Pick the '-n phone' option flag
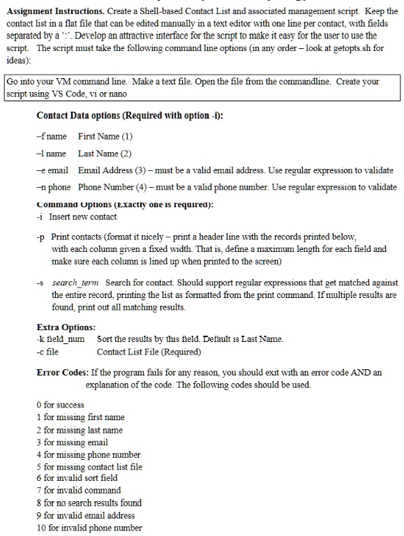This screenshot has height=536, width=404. (54, 187)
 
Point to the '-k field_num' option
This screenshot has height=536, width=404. (62, 339)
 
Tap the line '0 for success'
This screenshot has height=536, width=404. (60, 405)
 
